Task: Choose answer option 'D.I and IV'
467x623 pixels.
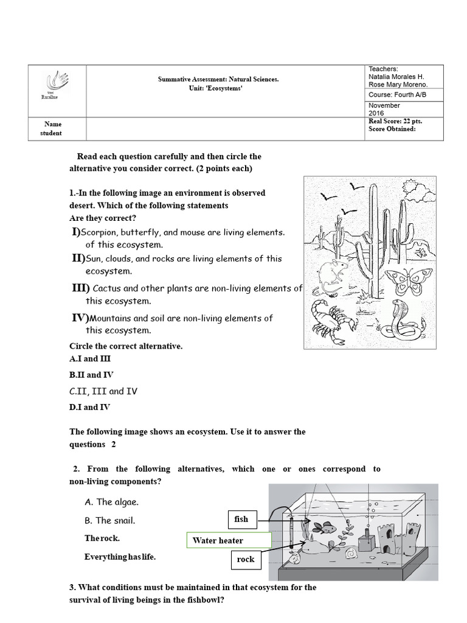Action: coord(89,407)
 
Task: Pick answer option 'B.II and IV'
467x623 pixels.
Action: coord(91,375)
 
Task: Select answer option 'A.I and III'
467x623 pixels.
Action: coord(90,359)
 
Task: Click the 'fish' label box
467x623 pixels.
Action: coord(241,519)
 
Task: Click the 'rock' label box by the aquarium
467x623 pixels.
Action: coord(245,559)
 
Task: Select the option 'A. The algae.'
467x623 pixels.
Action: coord(112,502)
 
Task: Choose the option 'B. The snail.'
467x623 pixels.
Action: coord(110,520)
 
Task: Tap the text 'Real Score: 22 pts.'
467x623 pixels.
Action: coord(395,121)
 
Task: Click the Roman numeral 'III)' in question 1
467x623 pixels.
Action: coord(80,288)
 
